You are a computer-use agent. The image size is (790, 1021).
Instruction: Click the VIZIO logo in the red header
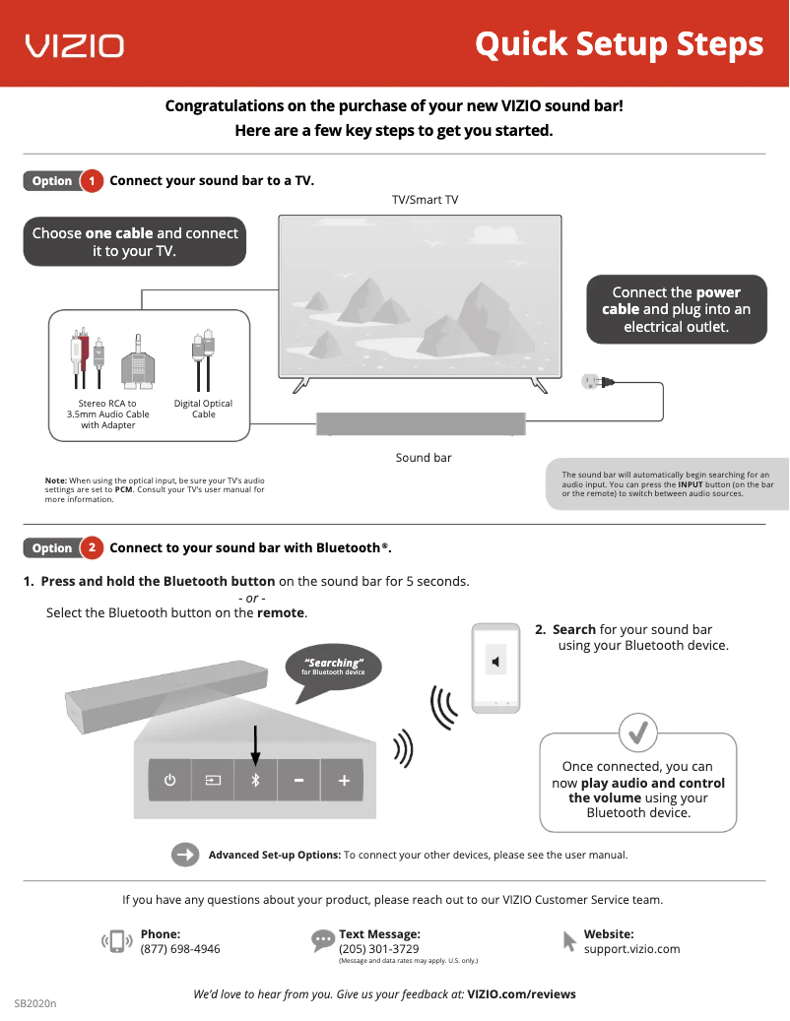tap(75, 45)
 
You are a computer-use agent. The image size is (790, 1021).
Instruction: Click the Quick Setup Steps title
tap(619, 44)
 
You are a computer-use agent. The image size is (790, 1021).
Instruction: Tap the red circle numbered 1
tap(92, 181)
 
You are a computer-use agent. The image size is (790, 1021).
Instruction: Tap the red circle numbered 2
tap(92, 547)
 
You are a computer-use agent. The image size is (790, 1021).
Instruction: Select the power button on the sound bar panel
tap(170, 781)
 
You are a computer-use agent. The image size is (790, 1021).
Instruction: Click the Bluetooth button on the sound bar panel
tap(255, 781)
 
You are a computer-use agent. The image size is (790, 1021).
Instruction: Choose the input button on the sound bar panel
tap(213, 781)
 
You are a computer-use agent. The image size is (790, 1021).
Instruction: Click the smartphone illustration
tap(495, 667)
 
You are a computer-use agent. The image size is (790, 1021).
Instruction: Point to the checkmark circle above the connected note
tap(637, 732)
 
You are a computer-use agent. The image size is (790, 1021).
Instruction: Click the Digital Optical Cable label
tap(203, 409)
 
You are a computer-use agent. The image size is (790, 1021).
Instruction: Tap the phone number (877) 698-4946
tap(180, 949)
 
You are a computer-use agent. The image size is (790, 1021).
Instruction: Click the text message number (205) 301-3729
tap(378, 949)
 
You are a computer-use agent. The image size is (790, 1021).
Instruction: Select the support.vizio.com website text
tap(631, 949)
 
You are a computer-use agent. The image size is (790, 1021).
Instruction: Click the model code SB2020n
tap(35, 1003)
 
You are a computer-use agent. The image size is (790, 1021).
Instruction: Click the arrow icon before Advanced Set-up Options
tap(185, 855)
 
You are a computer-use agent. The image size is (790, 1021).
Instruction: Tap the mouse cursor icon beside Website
tap(569, 941)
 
